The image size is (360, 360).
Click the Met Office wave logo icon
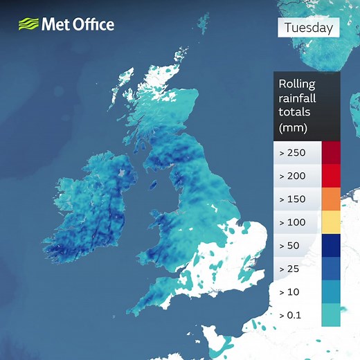tap(28, 25)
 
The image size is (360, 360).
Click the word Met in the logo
tap(55, 25)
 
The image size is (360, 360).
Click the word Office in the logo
tap(91, 25)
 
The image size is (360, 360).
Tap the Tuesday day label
tap(309, 28)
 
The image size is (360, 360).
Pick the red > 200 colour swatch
tap(331, 176)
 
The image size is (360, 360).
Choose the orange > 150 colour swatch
tap(331, 199)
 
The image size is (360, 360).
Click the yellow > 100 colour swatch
tap(331, 222)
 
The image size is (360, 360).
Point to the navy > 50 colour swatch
tap(331, 246)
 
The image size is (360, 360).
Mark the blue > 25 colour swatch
tap(331, 269)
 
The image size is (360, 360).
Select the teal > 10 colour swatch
tap(331, 292)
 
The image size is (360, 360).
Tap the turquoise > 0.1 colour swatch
tap(331, 316)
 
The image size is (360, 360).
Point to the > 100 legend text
tap(291, 223)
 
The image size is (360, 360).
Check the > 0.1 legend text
tap(291, 316)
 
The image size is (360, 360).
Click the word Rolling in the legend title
tap(296, 84)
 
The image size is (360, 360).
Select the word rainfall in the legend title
tap(298, 98)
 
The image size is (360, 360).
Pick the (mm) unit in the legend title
tap(293, 127)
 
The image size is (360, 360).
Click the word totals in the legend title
tap(294, 113)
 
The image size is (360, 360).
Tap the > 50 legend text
tap(289, 246)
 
